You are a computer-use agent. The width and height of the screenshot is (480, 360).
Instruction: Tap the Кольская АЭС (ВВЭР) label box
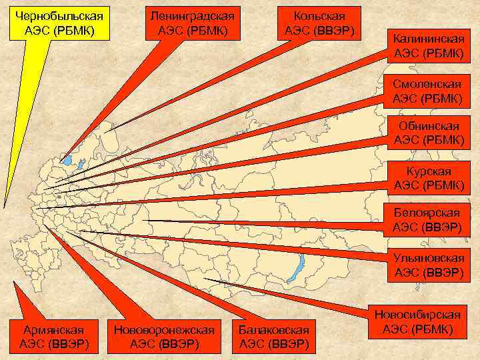[x=319, y=23]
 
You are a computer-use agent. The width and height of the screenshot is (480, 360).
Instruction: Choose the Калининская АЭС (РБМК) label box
[x=427, y=46]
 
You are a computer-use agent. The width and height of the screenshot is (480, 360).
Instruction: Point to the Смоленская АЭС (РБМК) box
[x=427, y=92]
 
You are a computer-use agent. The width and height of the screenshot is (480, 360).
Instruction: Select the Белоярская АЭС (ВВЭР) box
[x=427, y=220]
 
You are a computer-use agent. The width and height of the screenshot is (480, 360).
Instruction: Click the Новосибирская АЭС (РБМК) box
[x=418, y=321]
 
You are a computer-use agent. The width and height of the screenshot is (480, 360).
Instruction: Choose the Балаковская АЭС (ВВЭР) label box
[x=274, y=337]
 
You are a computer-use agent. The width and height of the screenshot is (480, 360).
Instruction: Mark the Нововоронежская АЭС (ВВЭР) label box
[x=165, y=337]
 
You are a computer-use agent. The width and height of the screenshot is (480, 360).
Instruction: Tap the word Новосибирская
[x=418, y=314]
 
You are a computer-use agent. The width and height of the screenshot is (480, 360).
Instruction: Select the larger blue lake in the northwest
[x=67, y=160]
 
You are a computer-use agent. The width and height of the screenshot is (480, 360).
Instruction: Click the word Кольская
[x=319, y=15]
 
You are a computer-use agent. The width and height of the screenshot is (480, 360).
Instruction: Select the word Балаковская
[x=274, y=329]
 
